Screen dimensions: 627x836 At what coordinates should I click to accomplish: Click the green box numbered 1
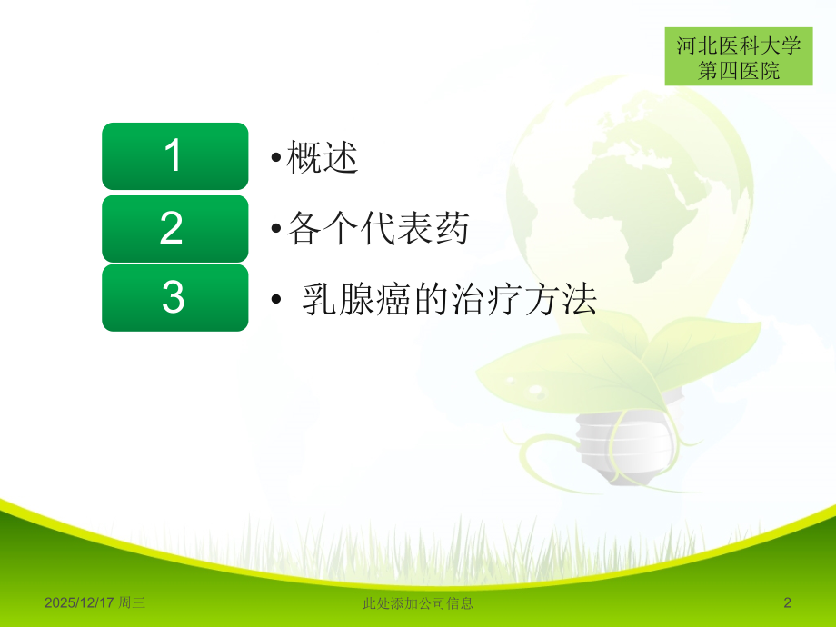[x=174, y=156]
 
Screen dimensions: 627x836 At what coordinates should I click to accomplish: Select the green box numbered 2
[x=174, y=227]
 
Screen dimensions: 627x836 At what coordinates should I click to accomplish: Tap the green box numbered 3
[x=174, y=298]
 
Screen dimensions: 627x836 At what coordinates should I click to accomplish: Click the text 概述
[x=323, y=157]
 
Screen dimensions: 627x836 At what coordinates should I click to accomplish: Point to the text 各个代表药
[x=377, y=228]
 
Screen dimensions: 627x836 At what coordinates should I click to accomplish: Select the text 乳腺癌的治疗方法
[x=448, y=299]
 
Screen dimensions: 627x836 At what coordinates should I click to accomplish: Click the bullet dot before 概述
[x=275, y=158]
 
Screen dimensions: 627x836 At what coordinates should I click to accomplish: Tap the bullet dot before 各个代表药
[x=275, y=229]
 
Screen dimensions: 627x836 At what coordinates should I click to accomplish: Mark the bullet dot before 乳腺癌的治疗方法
[x=275, y=300]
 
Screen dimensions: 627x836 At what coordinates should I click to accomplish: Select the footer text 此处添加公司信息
[x=417, y=602]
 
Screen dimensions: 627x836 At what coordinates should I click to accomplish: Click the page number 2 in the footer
[x=788, y=602]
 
